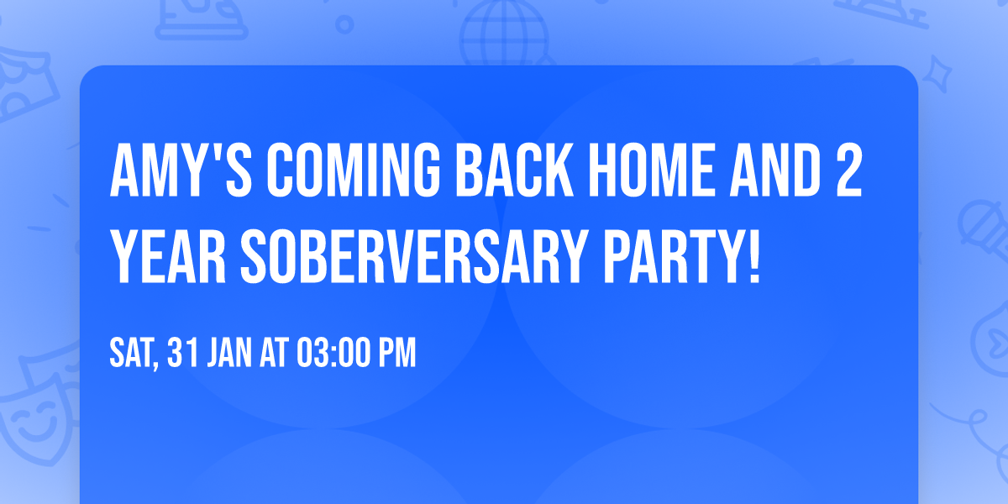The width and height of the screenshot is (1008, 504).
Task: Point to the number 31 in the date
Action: point(182,354)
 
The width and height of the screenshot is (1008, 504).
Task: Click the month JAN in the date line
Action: point(233,354)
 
